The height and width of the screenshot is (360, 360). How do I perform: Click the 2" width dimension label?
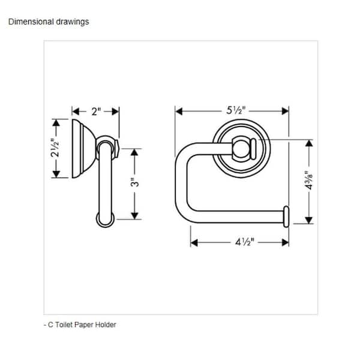(x=96, y=111)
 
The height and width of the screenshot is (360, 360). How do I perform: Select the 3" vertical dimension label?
(x=136, y=182)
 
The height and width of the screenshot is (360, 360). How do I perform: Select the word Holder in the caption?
(x=106, y=325)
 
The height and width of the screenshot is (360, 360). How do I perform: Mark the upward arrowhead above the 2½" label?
(x=56, y=122)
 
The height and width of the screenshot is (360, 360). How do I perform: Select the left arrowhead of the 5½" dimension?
(x=178, y=111)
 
